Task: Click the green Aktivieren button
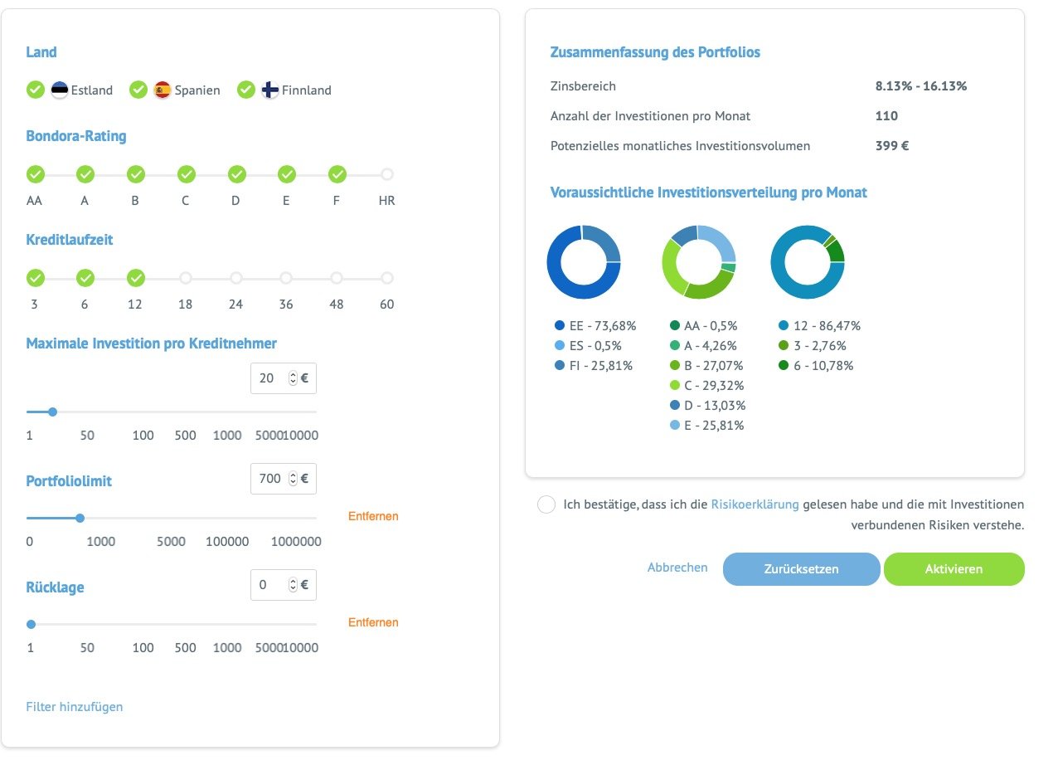tap(954, 569)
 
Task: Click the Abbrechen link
tap(677, 568)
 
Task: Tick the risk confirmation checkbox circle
tap(546, 504)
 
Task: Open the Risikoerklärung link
tap(755, 504)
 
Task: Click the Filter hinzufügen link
tap(75, 707)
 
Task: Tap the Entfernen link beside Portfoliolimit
tap(373, 516)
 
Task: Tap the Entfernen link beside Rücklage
tap(373, 622)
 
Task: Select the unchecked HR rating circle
tap(387, 174)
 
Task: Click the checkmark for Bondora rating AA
tap(35, 174)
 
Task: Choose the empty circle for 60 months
tap(387, 278)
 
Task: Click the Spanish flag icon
tap(163, 90)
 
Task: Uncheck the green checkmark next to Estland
tap(35, 90)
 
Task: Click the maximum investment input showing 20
tap(269, 378)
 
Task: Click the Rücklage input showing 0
tap(269, 585)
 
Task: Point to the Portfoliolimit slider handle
tap(80, 518)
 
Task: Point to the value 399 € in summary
tap(892, 146)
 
